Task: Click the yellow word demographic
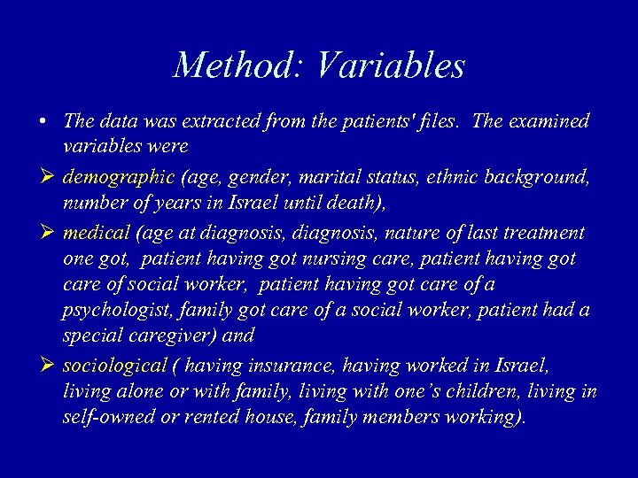click(x=119, y=178)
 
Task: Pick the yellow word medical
click(x=97, y=234)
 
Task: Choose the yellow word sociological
click(x=114, y=366)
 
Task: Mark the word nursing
click(x=335, y=259)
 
